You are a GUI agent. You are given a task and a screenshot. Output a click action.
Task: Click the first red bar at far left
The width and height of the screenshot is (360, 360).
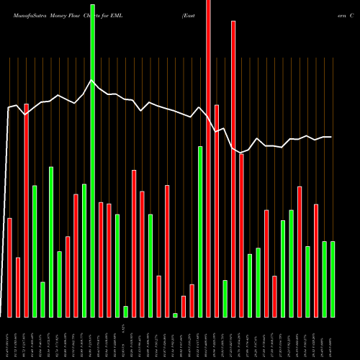point(9,267)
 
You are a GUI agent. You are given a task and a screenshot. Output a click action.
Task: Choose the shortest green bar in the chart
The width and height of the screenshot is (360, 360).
point(175,315)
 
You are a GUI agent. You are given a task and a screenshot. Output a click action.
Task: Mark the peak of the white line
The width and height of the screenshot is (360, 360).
point(91,81)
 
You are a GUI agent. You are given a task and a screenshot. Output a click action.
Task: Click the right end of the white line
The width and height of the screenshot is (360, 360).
point(331,137)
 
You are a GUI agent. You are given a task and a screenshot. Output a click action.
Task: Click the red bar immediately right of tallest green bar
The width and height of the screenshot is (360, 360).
point(101,260)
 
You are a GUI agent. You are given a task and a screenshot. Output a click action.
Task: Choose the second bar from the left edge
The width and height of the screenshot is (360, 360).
point(18,287)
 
